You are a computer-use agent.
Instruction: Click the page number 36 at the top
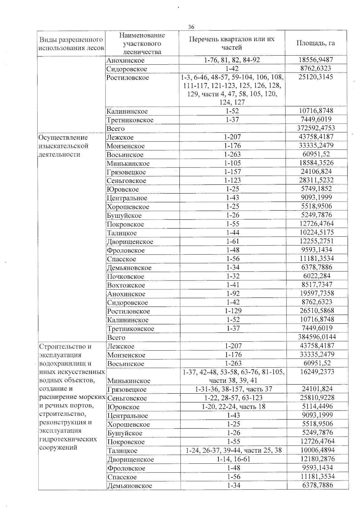click(x=191, y=27)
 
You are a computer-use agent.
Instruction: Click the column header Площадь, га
click(x=316, y=43)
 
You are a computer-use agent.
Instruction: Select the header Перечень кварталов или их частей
click(x=232, y=43)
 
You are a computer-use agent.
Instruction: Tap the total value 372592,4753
click(x=316, y=128)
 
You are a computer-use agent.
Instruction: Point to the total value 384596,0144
click(x=317, y=336)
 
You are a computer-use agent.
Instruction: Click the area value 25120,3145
click(x=316, y=77)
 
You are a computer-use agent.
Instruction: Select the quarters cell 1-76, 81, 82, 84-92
click(x=232, y=60)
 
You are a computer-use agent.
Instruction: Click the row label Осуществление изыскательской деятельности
click(x=64, y=146)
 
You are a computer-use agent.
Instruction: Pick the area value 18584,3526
click(x=316, y=163)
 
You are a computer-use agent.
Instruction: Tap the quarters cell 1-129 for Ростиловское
click(x=233, y=311)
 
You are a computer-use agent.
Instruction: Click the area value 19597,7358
click(x=317, y=293)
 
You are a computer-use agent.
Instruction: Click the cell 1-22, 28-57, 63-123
click(x=233, y=398)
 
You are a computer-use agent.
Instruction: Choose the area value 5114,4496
click(x=317, y=406)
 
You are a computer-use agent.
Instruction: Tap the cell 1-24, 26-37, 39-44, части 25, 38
click(x=234, y=450)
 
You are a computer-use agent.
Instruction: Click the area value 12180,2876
click(x=317, y=459)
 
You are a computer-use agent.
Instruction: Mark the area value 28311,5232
click(x=316, y=180)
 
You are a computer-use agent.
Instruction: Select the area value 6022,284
click(x=317, y=276)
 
